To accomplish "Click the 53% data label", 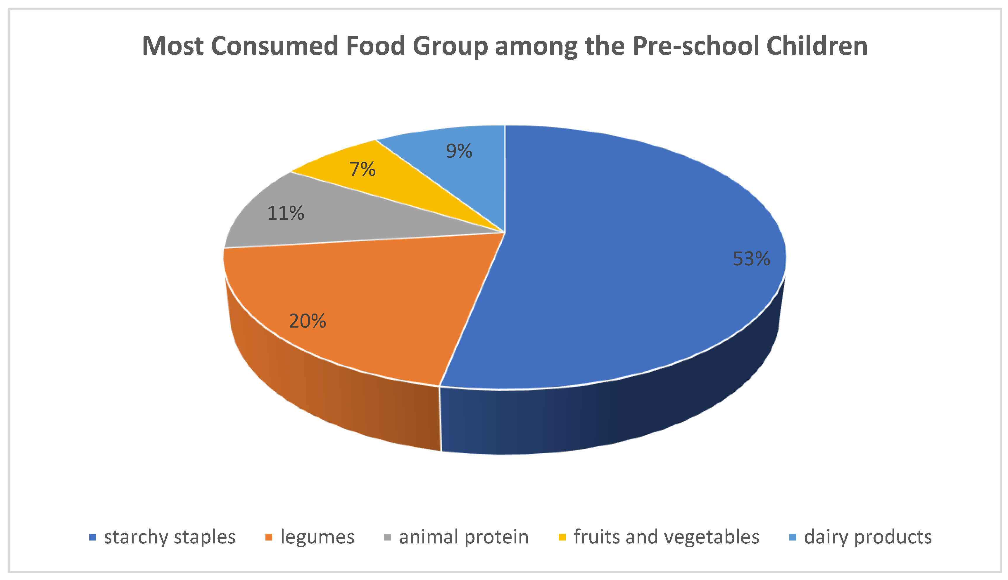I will click(x=751, y=259).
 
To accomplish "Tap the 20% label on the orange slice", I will click(x=307, y=321).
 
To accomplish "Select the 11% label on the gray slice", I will click(x=285, y=213).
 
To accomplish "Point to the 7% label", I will click(x=362, y=169).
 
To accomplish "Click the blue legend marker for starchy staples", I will click(x=92, y=537).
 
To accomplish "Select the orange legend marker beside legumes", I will click(x=269, y=537).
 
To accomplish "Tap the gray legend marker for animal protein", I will click(x=387, y=537).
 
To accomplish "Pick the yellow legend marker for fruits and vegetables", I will click(x=562, y=537).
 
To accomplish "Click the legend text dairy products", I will click(x=868, y=537).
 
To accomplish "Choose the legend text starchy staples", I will click(x=170, y=537).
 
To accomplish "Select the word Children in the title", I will click(x=817, y=46).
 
